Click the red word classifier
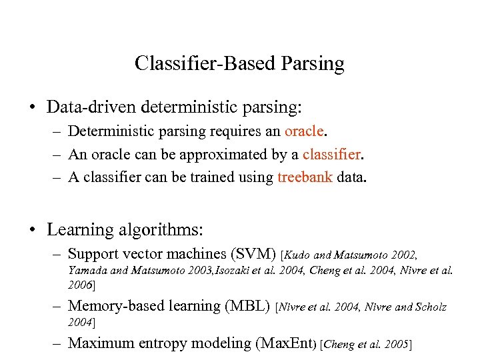331,154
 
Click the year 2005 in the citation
398,344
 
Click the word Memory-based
111,306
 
